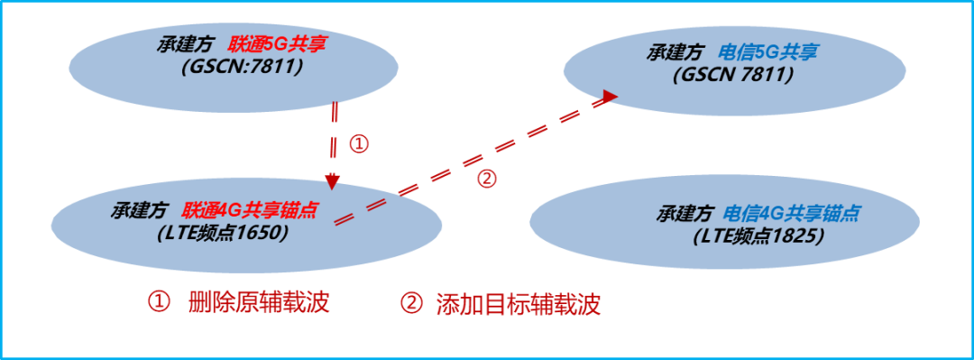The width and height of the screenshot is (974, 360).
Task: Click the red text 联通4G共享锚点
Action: coord(250,210)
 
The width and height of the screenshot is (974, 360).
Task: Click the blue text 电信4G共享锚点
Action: coord(791,215)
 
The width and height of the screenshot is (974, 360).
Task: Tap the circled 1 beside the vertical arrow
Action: coord(358,144)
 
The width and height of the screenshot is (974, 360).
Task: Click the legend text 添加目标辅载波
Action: coord(518,303)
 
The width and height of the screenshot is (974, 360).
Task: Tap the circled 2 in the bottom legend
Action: coord(411,303)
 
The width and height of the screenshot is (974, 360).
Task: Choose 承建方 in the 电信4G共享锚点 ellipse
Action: coord(683,215)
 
